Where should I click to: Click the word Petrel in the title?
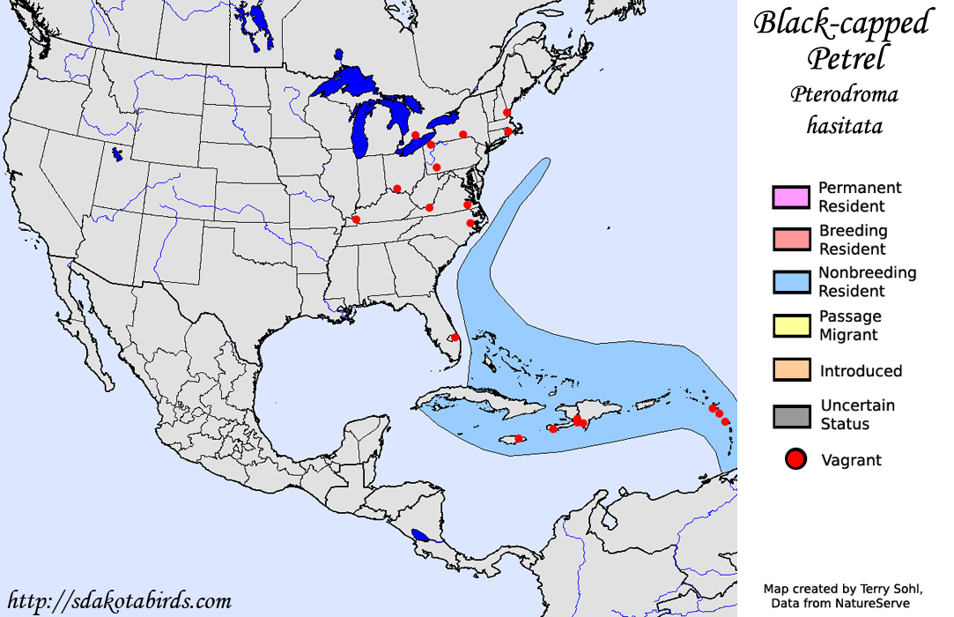coord(844,58)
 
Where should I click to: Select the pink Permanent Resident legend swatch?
coord(790,197)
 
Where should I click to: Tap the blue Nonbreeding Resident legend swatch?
coord(790,282)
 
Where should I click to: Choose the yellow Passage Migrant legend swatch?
coord(790,325)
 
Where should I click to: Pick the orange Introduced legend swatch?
coord(790,369)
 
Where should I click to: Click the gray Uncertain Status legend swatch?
coord(790,415)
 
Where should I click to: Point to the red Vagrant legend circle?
coord(795,459)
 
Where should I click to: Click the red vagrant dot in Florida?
coord(455,337)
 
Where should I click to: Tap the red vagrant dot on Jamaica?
coord(520,438)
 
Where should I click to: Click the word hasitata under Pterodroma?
coord(844,126)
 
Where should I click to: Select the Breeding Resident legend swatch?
coord(790,240)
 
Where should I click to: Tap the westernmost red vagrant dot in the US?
coord(356,219)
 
